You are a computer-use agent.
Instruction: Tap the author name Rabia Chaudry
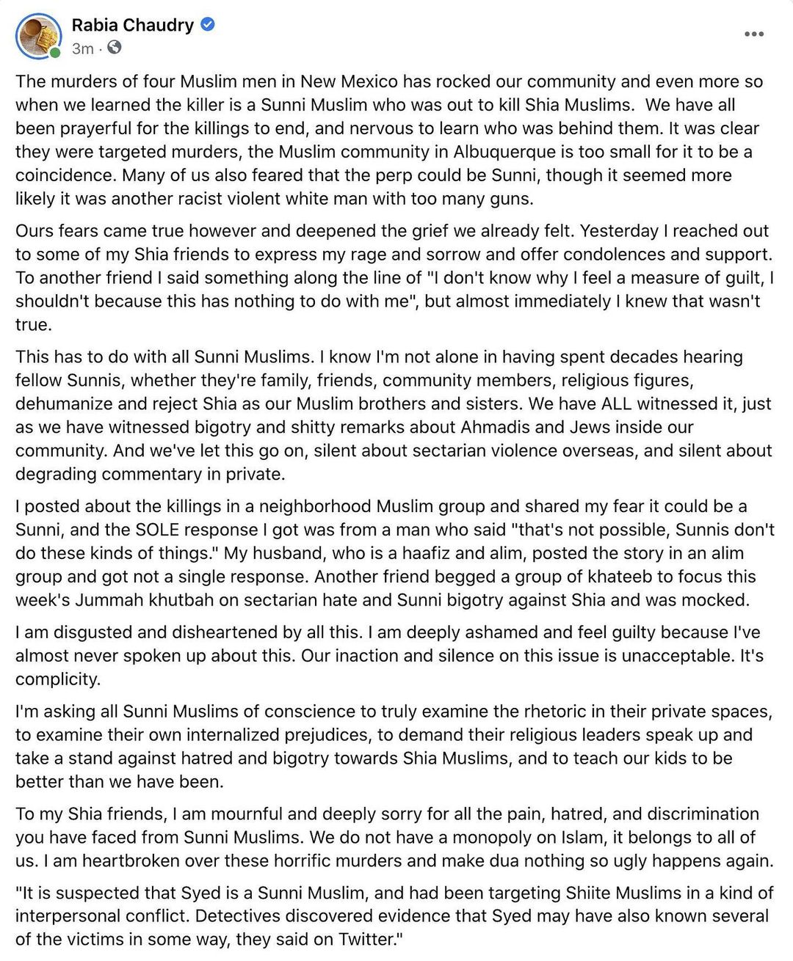pos(132,25)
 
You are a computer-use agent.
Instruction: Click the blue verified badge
pos(208,25)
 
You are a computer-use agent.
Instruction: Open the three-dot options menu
pos(754,34)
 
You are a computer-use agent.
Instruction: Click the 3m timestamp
pos(82,48)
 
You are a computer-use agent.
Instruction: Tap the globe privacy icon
pos(115,48)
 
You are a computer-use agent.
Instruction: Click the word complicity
pos(57,679)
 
